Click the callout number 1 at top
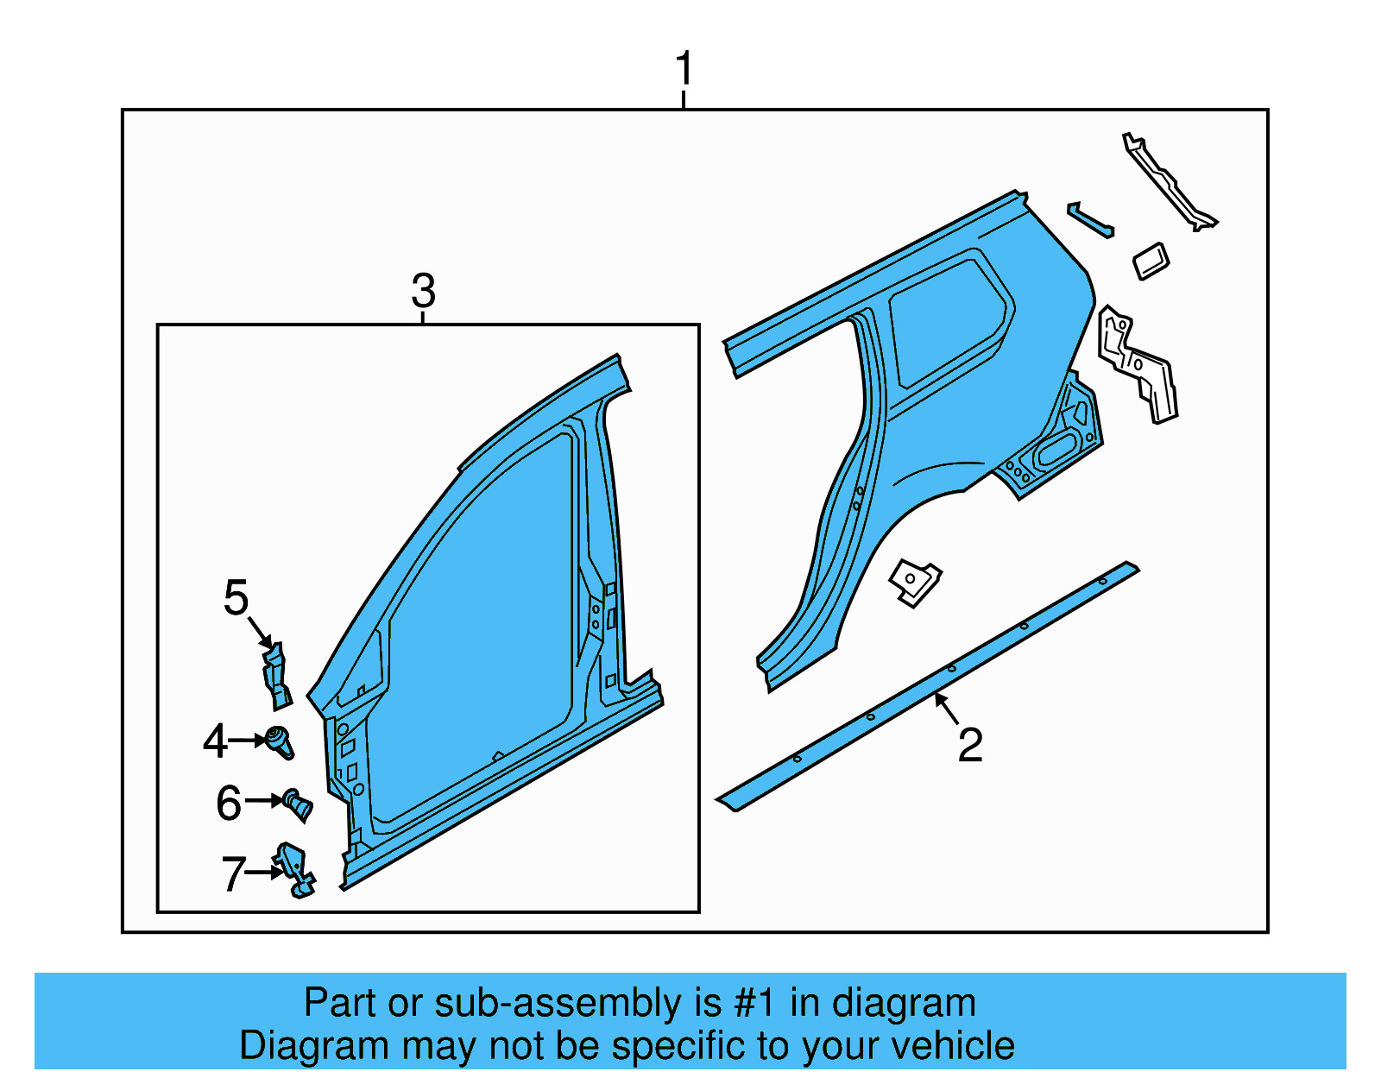[x=684, y=69]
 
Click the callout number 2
[x=970, y=745]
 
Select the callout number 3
[x=423, y=291]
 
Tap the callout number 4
[x=214, y=741]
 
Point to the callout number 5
[x=236, y=598]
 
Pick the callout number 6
[x=229, y=803]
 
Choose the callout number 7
[x=233, y=873]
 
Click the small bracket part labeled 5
[x=276, y=678]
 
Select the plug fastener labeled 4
[x=281, y=741]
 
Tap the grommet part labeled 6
[x=299, y=804]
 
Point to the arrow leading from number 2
[x=946, y=709]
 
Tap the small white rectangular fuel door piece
[x=1151, y=261]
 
